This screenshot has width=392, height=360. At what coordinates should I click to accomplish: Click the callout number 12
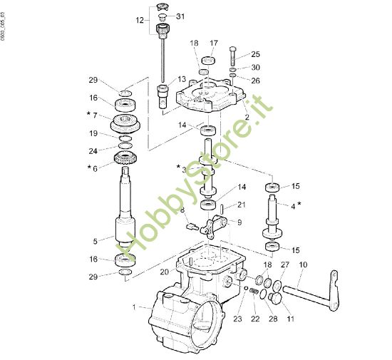pyautogui.click(x=140, y=20)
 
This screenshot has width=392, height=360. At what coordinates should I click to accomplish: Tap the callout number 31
pyautogui.click(x=180, y=16)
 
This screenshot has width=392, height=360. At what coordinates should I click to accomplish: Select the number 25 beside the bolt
pyautogui.click(x=256, y=54)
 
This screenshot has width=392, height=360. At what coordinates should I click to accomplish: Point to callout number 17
pyautogui.click(x=213, y=43)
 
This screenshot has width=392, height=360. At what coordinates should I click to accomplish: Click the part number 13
pyautogui.click(x=182, y=79)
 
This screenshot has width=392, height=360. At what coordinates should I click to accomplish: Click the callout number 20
pyautogui.click(x=164, y=272)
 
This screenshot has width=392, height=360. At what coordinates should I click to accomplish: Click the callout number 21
pyautogui.click(x=242, y=205)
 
